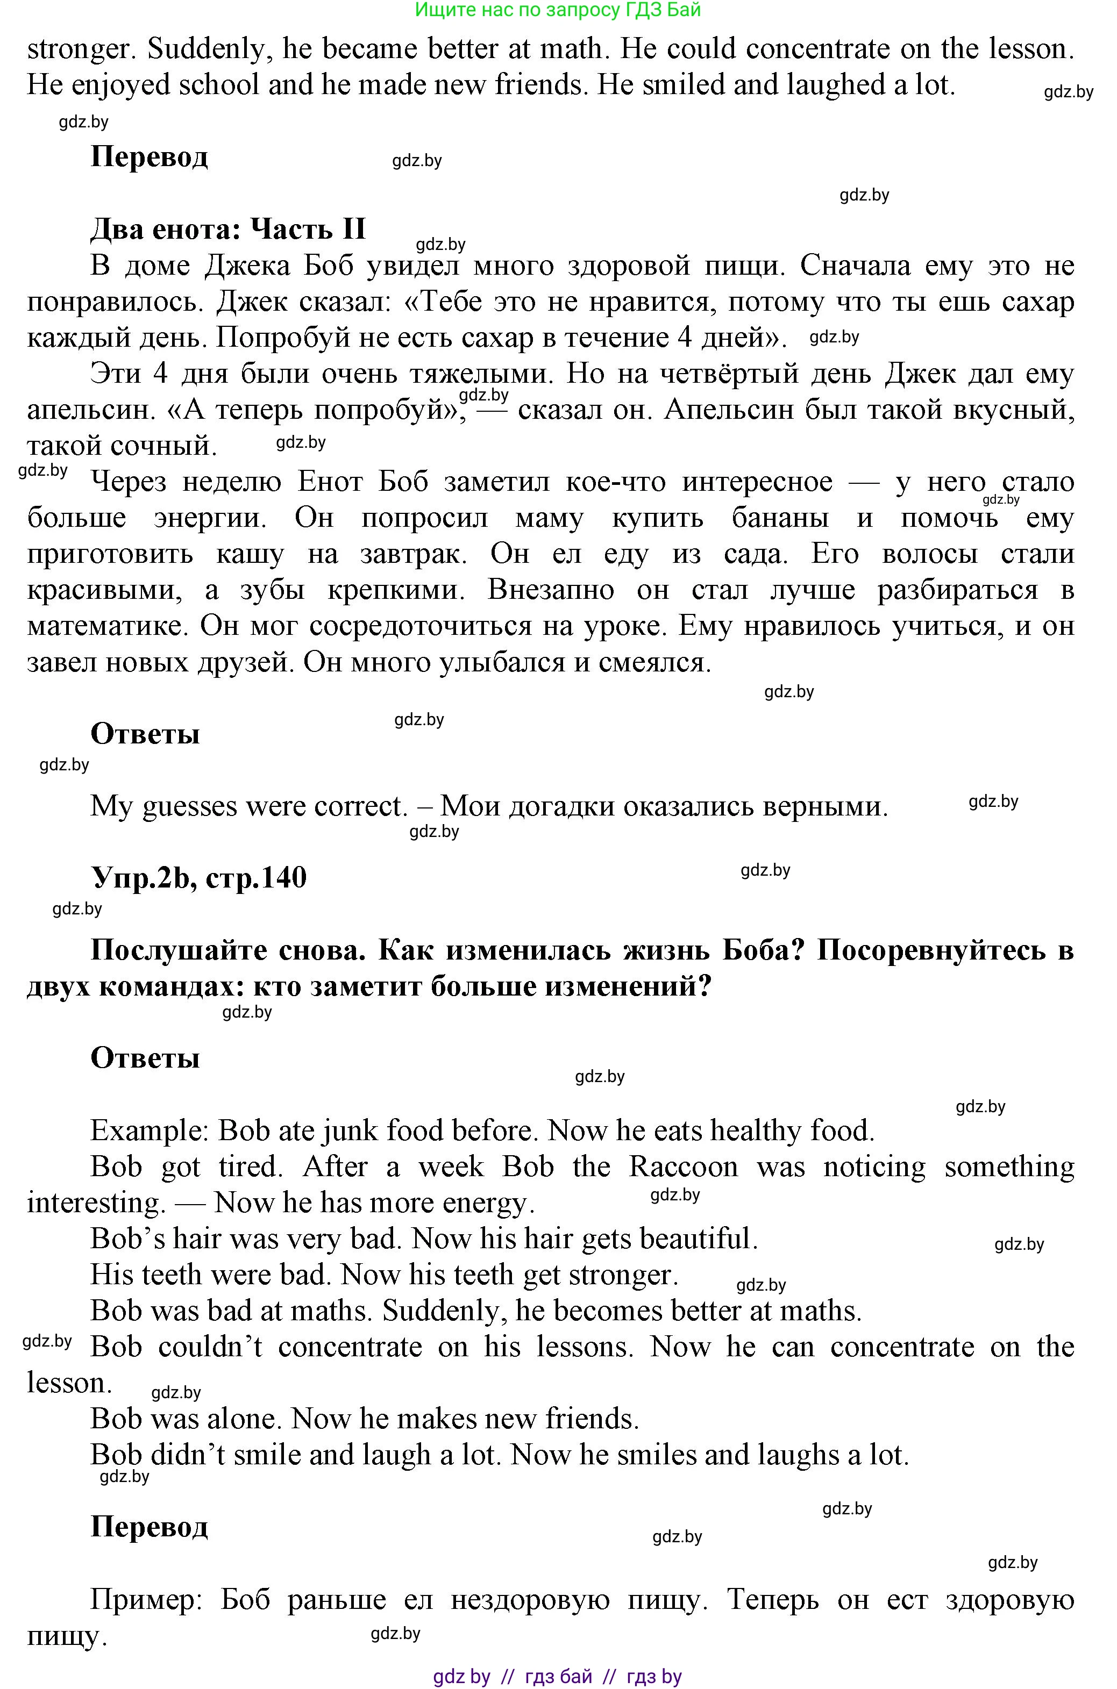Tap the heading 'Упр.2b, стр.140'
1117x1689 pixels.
[x=199, y=877]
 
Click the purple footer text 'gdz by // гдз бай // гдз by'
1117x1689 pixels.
[x=558, y=1677]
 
